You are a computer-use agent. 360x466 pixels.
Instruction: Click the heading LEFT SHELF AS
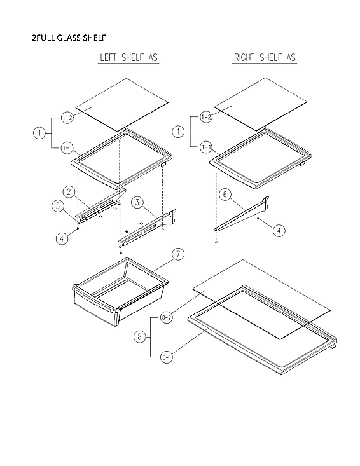click(128, 58)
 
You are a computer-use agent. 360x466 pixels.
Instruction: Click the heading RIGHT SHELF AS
click(264, 58)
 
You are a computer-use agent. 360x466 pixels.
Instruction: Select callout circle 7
click(179, 254)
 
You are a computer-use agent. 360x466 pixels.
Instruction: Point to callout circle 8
click(139, 337)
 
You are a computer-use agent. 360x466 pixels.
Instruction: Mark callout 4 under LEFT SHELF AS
click(62, 239)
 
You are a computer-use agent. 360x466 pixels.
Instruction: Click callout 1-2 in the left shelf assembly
click(67, 118)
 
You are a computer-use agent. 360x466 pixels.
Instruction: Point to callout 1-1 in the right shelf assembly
click(206, 147)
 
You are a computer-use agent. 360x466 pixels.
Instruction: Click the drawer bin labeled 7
click(121, 289)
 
